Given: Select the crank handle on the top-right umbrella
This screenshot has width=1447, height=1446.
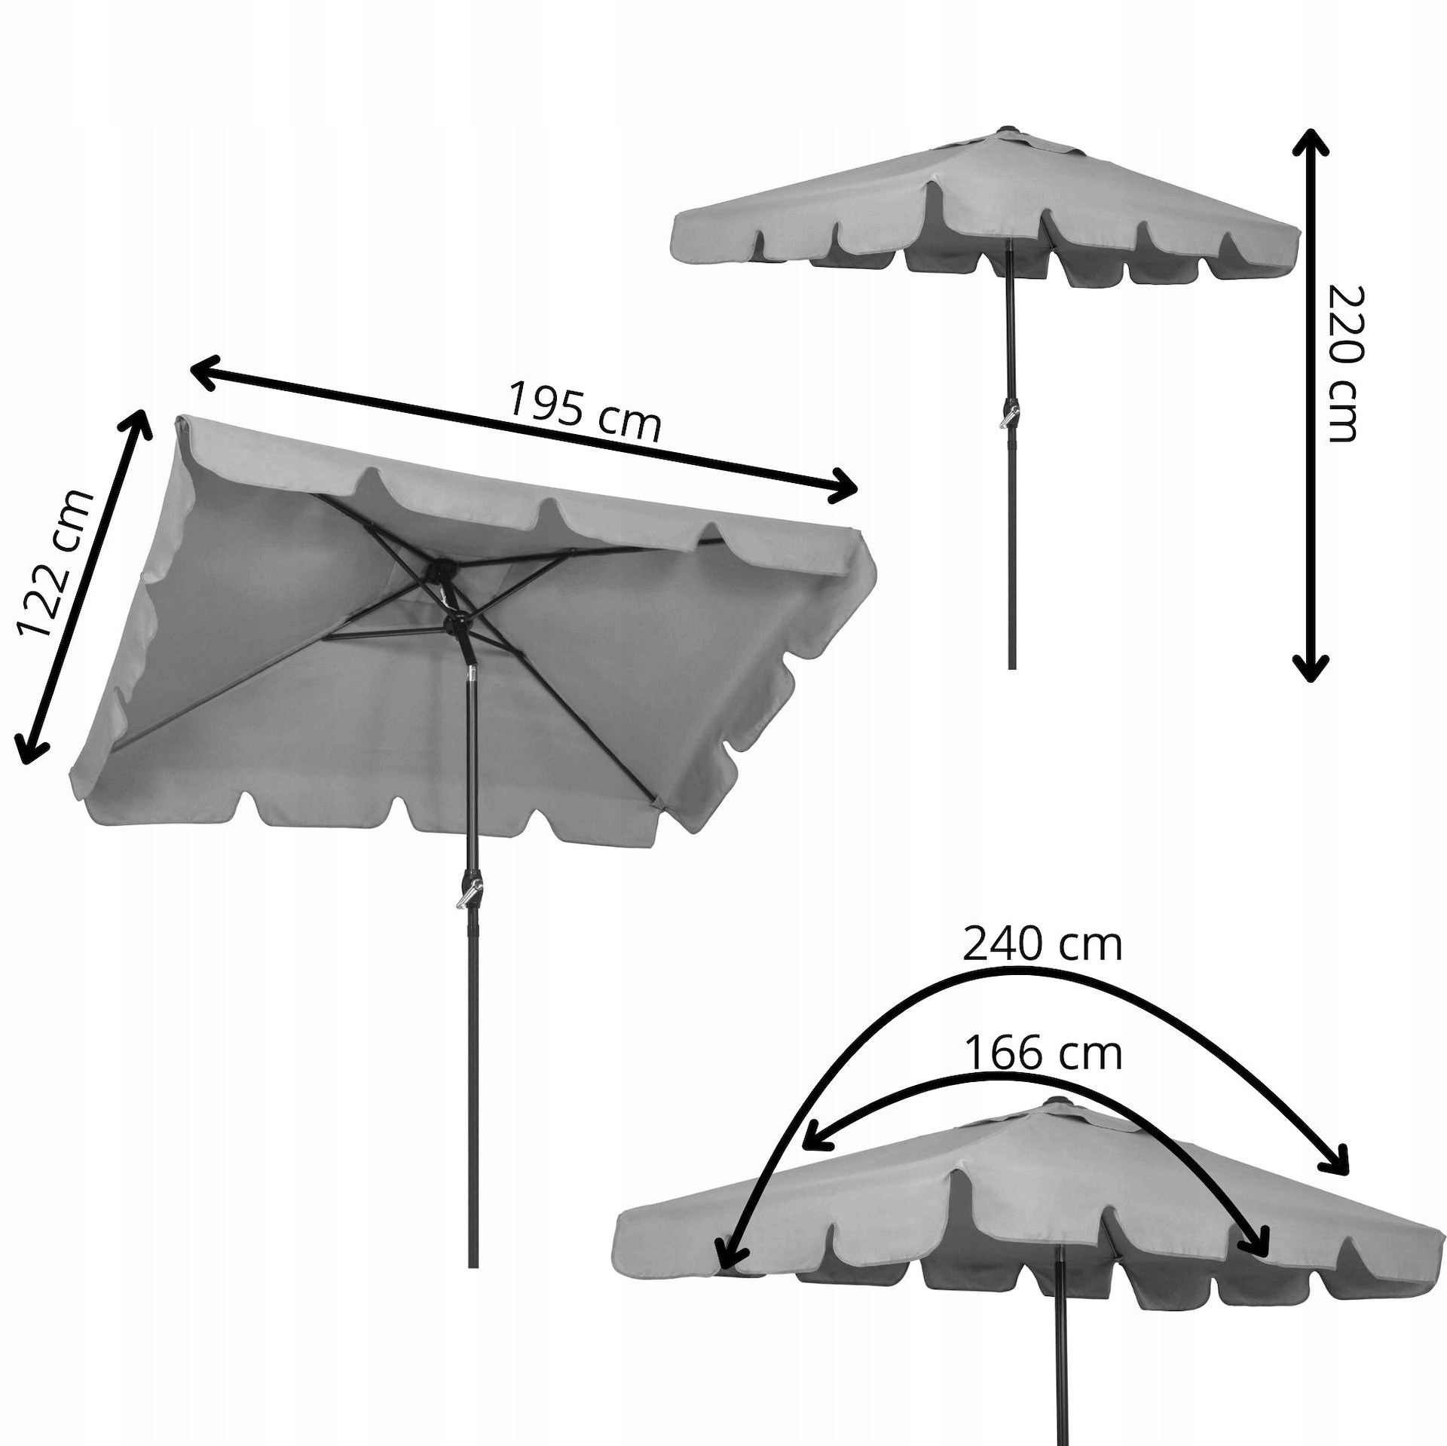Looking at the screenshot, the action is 1011,415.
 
